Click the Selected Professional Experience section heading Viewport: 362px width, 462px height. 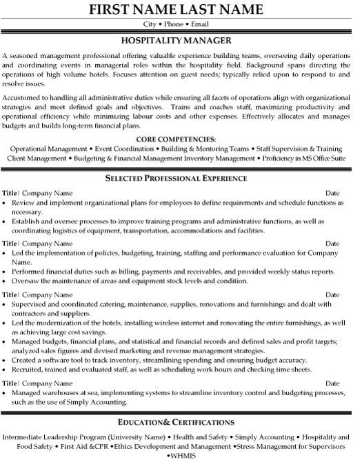tap(181, 178)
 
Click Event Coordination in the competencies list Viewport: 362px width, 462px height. tap(120, 148)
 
